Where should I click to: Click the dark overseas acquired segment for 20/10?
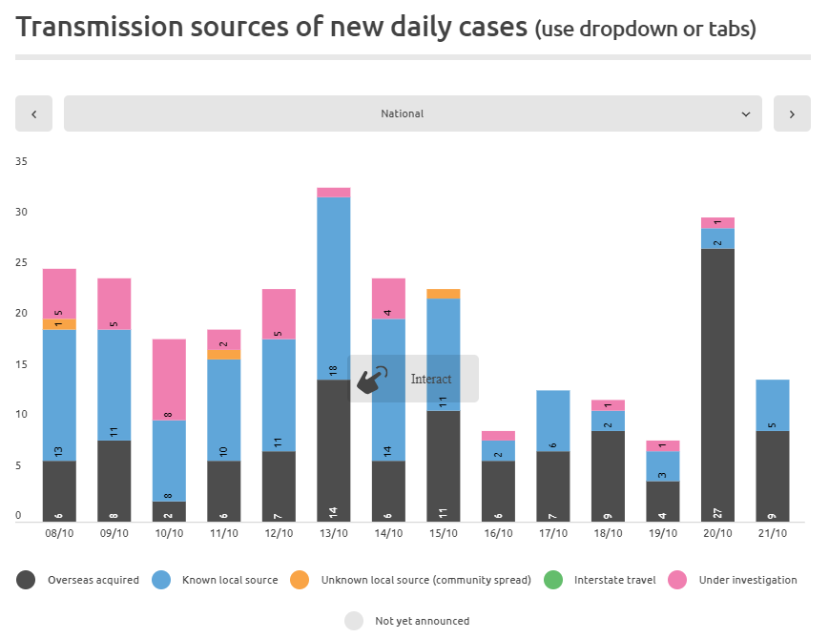tap(717, 381)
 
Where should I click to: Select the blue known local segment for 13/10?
tap(333, 286)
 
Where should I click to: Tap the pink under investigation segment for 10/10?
tap(169, 380)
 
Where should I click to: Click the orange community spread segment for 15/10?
tap(444, 294)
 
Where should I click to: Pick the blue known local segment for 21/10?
tap(773, 405)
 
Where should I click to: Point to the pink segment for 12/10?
tap(279, 314)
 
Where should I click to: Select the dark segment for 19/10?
tap(663, 501)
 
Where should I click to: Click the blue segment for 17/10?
tap(553, 421)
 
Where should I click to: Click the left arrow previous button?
tap(34, 113)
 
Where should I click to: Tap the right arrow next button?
tap(792, 113)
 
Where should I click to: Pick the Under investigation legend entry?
tap(735, 580)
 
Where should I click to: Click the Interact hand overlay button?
tap(413, 379)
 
